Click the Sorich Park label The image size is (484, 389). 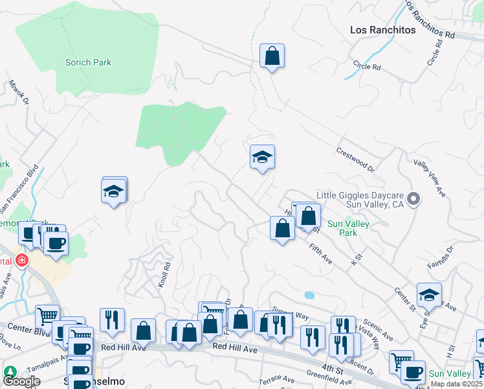88,63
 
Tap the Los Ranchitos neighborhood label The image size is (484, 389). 382,30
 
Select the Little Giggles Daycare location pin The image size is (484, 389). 415,199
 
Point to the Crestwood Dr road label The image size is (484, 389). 355,159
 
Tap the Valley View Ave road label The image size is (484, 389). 430,179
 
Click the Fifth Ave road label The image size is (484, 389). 320,253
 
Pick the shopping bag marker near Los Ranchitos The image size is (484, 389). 272,56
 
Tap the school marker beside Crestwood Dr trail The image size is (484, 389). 262,157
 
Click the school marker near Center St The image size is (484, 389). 428,295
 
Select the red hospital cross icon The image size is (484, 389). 22,261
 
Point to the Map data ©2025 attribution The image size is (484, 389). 457,384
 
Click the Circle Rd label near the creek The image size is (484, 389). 367,66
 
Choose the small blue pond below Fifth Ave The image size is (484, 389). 309,295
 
